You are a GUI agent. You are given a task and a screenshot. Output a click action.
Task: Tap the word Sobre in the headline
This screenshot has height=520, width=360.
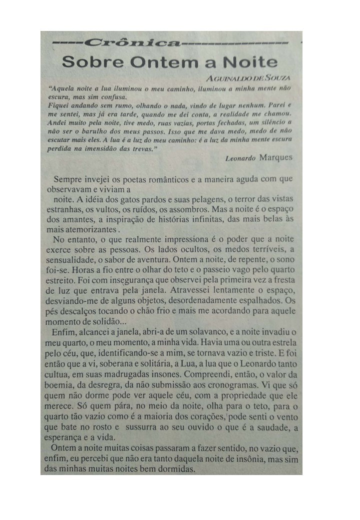click(x=88, y=62)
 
